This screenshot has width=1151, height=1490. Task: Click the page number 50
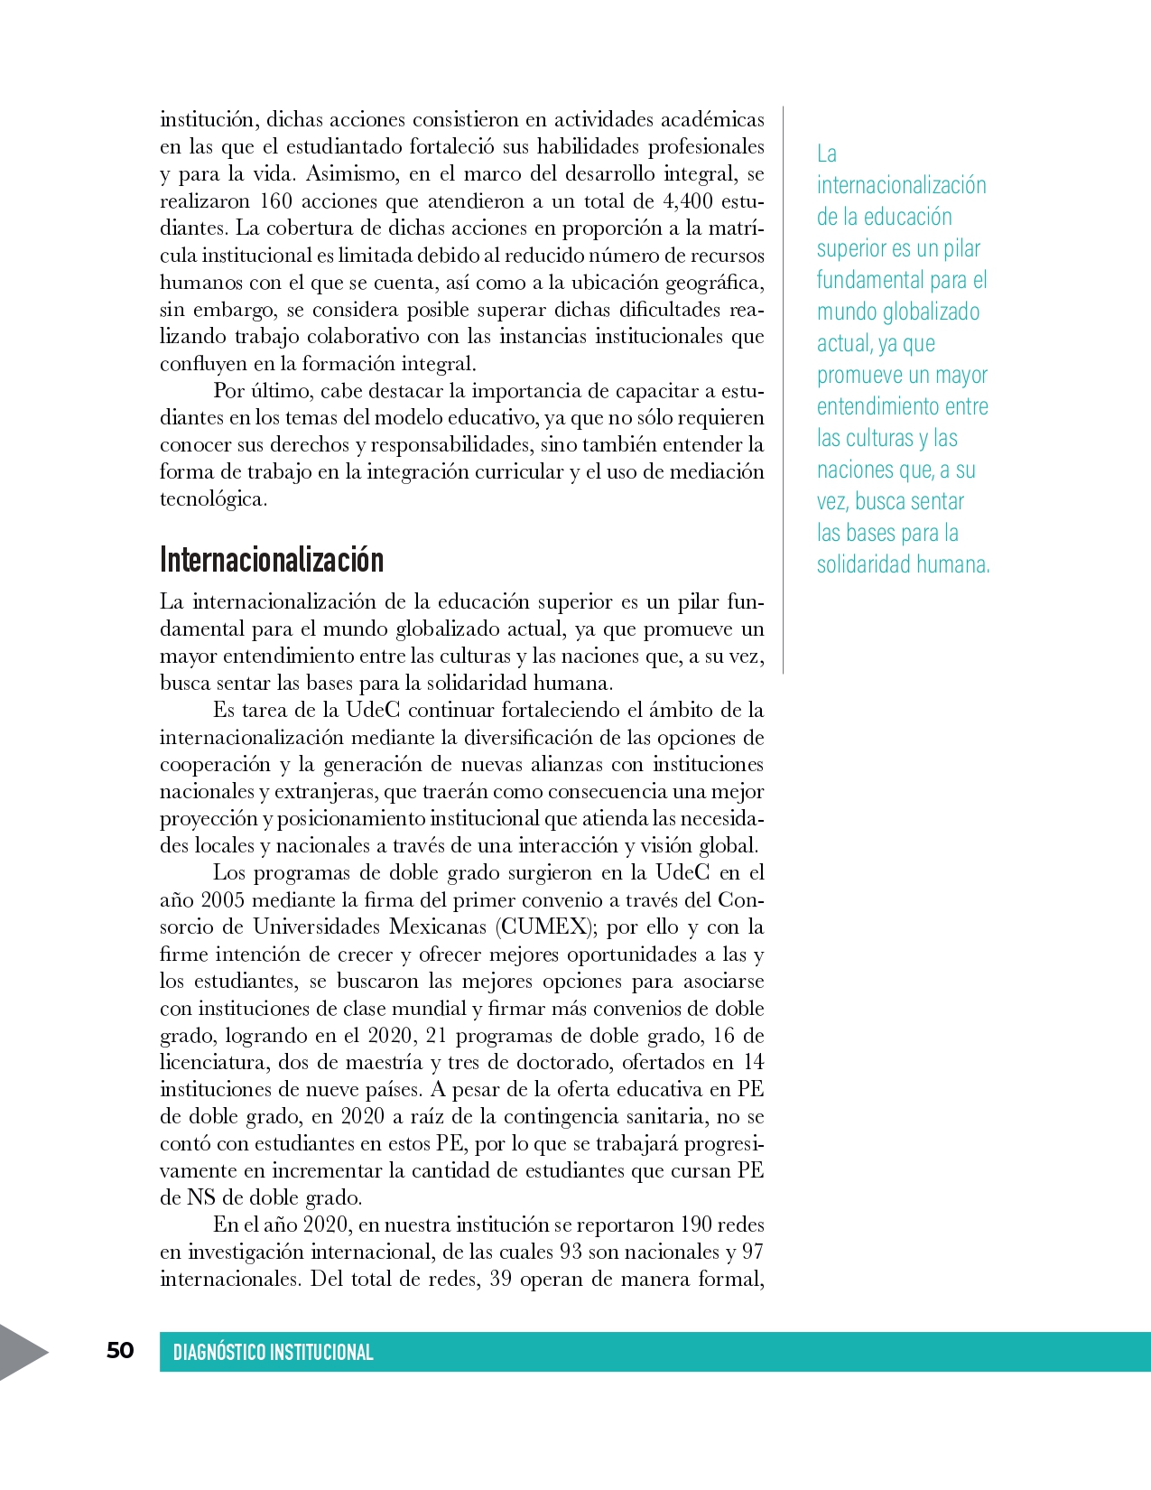click(120, 1350)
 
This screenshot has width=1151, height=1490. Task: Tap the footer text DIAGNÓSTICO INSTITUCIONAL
click(273, 1352)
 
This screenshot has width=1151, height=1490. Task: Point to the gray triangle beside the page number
click(20, 1351)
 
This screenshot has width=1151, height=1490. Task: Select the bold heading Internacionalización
click(272, 560)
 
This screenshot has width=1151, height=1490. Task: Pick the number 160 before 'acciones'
click(275, 200)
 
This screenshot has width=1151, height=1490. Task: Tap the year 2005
click(223, 899)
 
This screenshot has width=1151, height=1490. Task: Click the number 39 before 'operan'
click(500, 1279)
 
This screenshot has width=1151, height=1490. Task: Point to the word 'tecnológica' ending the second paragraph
click(212, 498)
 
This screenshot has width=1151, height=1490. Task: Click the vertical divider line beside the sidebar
click(783, 388)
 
